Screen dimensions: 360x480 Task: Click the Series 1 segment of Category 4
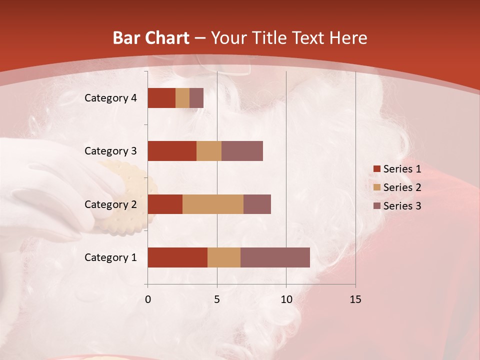tap(161, 98)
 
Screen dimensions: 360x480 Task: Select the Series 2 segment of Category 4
tap(182, 98)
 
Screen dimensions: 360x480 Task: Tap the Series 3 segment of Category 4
tap(196, 98)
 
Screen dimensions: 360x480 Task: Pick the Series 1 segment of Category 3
tap(172, 151)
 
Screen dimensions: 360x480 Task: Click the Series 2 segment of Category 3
tap(209, 151)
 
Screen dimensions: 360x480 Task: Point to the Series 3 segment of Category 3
tap(242, 151)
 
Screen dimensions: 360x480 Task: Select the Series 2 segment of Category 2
tap(213, 204)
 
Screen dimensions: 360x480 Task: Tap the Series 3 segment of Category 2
tap(257, 204)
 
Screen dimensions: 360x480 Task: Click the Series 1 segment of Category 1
tap(177, 257)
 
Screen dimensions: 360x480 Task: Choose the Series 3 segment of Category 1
tap(275, 257)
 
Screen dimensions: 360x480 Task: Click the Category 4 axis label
tap(110, 98)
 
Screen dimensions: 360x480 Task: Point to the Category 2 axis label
tap(110, 204)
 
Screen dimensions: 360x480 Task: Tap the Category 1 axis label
tap(110, 257)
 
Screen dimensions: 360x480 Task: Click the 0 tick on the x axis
tap(147, 299)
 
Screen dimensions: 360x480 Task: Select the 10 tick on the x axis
tap(286, 299)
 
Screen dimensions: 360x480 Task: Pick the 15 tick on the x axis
tap(355, 299)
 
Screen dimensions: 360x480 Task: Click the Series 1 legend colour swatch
tap(376, 169)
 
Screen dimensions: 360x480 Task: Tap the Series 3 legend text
tap(402, 206)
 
